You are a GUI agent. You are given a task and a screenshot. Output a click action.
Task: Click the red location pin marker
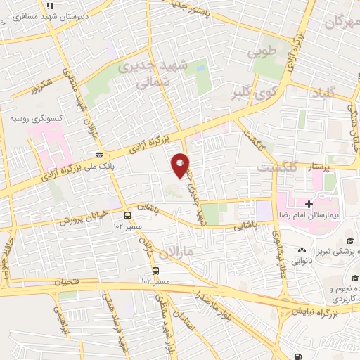(x=181, y=166)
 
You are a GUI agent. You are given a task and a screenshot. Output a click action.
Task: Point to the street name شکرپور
(x=41, y=89)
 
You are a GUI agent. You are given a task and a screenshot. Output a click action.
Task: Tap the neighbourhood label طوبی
(x=264, y=51)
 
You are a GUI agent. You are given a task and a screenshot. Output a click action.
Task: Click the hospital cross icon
(x=309, y=202)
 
